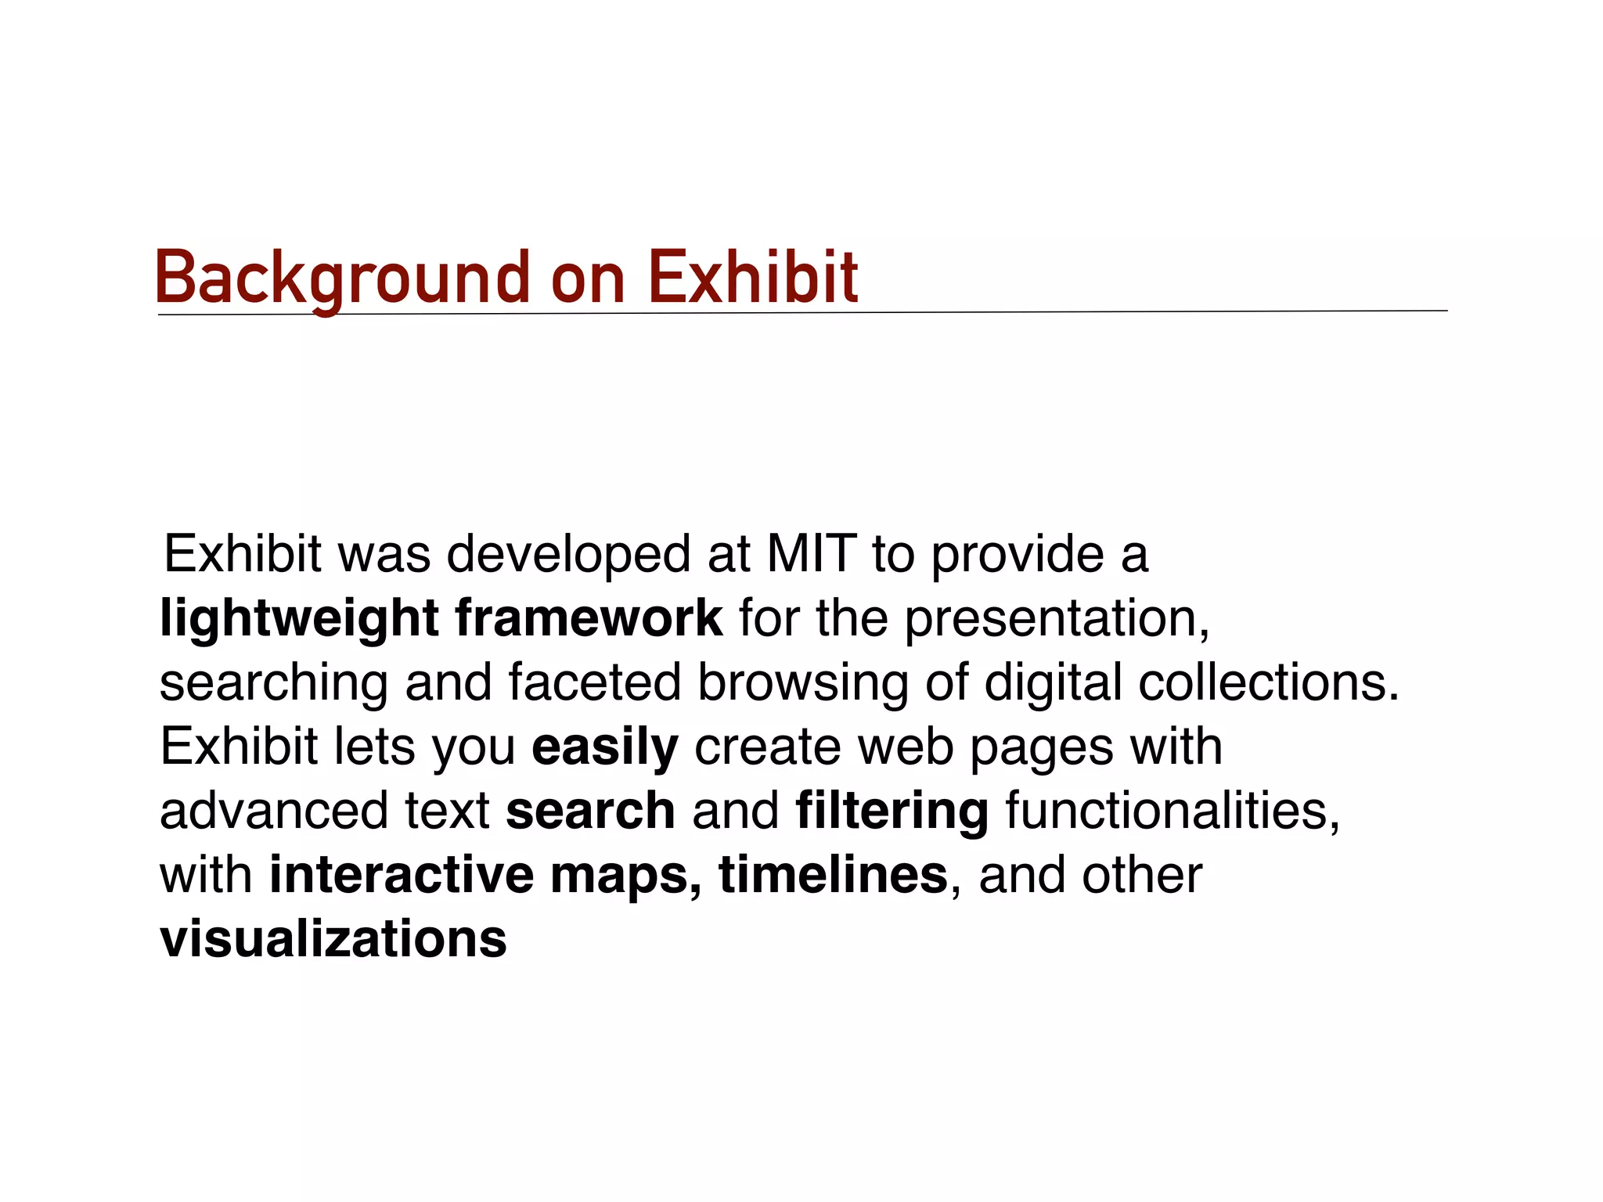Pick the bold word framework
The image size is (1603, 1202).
pos(589,618)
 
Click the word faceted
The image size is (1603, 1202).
pos(595,682)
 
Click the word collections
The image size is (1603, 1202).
pos(1268,682)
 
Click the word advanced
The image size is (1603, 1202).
pos(274,811)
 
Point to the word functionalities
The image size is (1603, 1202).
pos(1173,811)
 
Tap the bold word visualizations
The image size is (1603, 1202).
pos(333,939)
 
